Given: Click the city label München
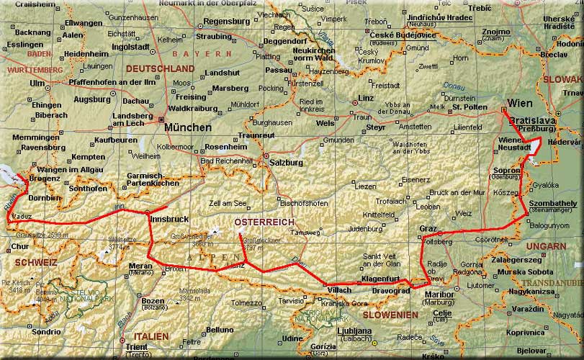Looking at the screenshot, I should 188,127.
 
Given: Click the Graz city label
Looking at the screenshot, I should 428,228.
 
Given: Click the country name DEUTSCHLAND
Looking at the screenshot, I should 160,68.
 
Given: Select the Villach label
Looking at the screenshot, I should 339,289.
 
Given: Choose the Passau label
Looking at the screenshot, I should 278,71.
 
